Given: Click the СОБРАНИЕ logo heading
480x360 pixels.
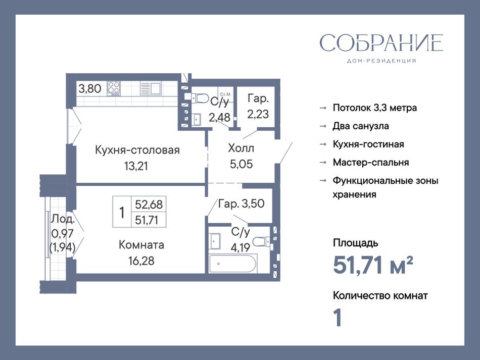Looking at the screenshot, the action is click(381, 43).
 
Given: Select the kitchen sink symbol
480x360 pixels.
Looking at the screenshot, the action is click(150, 88).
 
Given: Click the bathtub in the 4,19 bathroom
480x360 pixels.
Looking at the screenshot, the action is click(233, 264).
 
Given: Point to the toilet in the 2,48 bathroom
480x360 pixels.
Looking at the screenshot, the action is click(200, 98).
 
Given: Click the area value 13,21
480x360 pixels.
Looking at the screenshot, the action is click(136, 166).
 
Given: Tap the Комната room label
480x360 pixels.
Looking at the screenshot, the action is click(141, 245).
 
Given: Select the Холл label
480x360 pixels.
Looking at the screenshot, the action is click(241, 148).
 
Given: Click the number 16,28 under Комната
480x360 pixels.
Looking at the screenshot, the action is click(141, 261).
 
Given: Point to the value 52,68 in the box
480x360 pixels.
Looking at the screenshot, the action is click(149, 204).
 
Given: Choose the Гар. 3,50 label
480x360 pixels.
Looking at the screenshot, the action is click(241, 203).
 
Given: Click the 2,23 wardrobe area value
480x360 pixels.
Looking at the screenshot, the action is click(258, 114).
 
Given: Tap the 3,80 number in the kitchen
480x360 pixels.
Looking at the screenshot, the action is click(90, 89).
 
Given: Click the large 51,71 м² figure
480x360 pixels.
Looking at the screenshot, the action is click(373, 265).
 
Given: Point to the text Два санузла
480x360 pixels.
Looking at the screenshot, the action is click(361, 126).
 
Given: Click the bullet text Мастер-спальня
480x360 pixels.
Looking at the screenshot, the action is click(371, 162).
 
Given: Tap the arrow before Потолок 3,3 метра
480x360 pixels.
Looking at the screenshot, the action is click(323, 108).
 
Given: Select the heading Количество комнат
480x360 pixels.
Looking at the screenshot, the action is click(380, 296).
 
